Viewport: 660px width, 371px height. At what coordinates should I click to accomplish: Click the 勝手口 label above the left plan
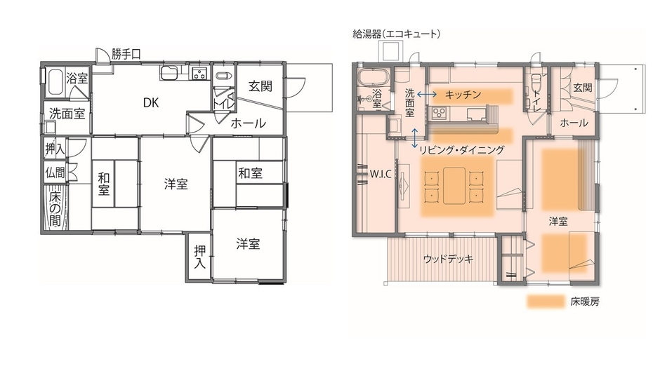127,53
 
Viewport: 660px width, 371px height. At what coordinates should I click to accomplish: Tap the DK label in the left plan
151,102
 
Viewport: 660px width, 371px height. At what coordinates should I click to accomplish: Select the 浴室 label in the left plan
77,79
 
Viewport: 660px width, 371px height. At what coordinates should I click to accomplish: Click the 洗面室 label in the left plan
67,112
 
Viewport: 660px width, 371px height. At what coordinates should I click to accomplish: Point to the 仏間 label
55,172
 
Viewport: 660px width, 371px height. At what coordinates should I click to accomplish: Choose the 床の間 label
55,208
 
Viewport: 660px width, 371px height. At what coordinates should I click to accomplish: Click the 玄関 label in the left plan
260,86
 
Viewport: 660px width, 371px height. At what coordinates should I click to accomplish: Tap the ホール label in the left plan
249,123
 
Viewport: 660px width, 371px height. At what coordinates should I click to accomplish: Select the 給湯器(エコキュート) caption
397,33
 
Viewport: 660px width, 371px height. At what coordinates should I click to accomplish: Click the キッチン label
463,93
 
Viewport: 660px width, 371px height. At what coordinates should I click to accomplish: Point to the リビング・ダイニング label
461,149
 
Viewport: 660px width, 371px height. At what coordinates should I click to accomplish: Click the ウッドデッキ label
448,259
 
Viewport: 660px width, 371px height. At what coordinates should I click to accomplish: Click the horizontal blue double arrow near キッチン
426,93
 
